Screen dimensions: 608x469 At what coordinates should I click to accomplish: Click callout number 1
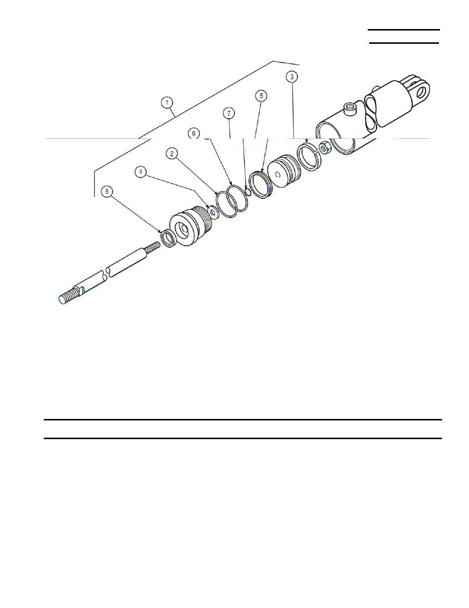[168, 102]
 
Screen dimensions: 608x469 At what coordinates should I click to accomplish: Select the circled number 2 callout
[172, 154]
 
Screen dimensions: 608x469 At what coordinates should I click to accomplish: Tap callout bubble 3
[292, 77]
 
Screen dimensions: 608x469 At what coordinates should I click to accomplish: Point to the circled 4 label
[141, 172]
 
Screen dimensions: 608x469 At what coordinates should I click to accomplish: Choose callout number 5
[261, 96]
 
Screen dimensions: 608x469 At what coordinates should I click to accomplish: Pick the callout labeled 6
[194, 133]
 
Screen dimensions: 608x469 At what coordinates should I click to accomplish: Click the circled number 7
[229, 113]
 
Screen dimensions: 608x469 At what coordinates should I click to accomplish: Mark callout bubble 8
[107, 191]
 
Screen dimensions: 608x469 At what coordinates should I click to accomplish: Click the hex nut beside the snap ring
[324, 147]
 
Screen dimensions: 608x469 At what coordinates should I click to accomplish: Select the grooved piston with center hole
[283, 171]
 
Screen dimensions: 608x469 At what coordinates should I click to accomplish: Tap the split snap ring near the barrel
[309, 156]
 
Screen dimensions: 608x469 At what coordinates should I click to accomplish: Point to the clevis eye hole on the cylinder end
[422, 92]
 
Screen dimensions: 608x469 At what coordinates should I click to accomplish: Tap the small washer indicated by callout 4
[213, 212]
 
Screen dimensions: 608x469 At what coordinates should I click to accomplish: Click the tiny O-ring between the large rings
[248, 192]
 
